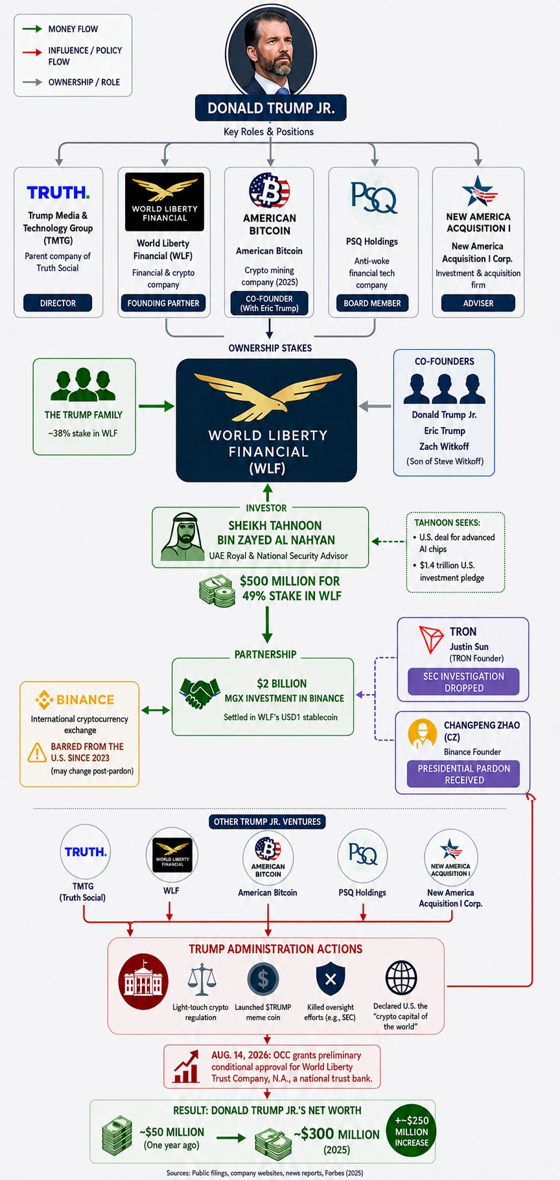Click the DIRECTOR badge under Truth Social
[58, 303]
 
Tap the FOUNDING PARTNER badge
[163, 303]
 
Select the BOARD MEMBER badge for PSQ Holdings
[372, 303]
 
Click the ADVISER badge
[478, 303]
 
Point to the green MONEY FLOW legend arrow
[32, 29]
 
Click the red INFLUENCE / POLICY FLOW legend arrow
[32, 51]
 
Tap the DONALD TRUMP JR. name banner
[271, 108]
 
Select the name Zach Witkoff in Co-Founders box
[444, 446]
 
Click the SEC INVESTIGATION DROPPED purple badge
[463, 682]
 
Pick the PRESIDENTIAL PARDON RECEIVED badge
[463, 774]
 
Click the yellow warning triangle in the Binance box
[37, 752]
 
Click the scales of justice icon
[201, 979]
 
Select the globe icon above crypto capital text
[401, 977]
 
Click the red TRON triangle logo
[431, 639]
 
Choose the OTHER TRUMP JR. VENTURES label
[267, 822]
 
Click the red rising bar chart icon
[186, 1067]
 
